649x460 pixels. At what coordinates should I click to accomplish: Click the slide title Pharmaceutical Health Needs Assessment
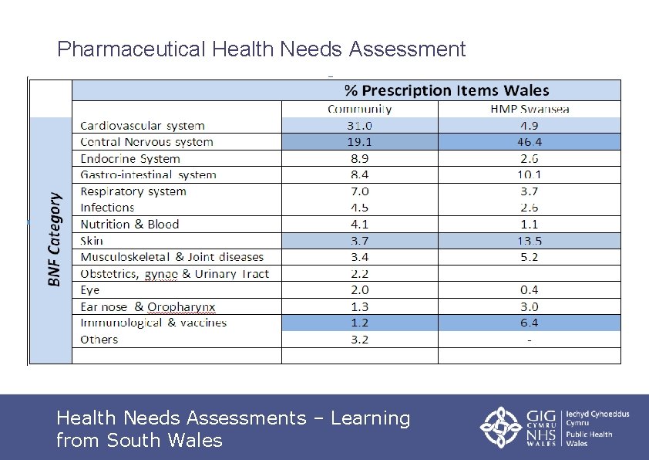[261, 50]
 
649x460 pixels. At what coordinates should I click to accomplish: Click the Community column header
[360, 109]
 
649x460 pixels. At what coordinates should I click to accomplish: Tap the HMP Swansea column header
[530, 109]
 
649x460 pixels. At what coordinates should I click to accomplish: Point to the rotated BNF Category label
[54, 239]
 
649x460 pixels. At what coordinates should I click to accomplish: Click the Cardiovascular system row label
[143, 125]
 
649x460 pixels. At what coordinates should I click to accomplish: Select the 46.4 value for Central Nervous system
[529, 142]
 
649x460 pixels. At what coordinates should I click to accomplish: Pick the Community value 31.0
[359, 125]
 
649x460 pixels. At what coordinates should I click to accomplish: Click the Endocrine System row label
[130, 158]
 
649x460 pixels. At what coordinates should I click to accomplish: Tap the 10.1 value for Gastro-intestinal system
[529, 174]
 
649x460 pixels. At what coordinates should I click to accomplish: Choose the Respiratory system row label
[133, 191]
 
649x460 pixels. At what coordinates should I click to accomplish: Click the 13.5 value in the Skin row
[529, 241]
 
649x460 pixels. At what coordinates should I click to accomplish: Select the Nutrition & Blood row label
[129, 225]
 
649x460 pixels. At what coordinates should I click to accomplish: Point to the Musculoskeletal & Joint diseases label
[172, 257]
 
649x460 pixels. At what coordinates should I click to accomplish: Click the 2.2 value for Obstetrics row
[359, 274]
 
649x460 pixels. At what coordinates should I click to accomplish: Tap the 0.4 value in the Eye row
[529, 290]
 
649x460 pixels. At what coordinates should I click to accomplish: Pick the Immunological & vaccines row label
[153, 323]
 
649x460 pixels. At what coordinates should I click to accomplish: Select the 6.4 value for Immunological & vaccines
[529, 323]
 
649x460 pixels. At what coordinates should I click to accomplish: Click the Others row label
[99, 340]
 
